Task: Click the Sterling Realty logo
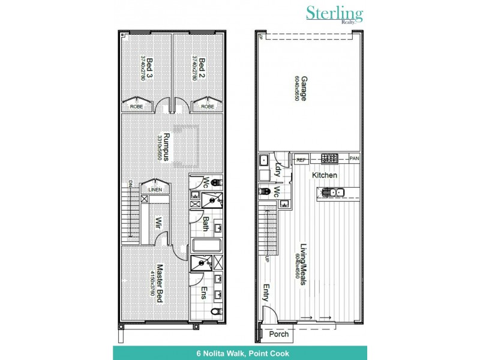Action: [x=334, y=15]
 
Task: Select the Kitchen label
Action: [x=323, y=175]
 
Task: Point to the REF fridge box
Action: [x=302, y=159]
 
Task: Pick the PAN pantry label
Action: [x=354, y=159]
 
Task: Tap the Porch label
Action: [x=279, y=334]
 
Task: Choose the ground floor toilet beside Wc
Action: [x=263, y=191]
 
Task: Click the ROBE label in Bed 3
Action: [x=136, y=106]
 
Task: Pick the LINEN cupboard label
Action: [x=155, y=190]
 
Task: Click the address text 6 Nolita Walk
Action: [x=239, y=353]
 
